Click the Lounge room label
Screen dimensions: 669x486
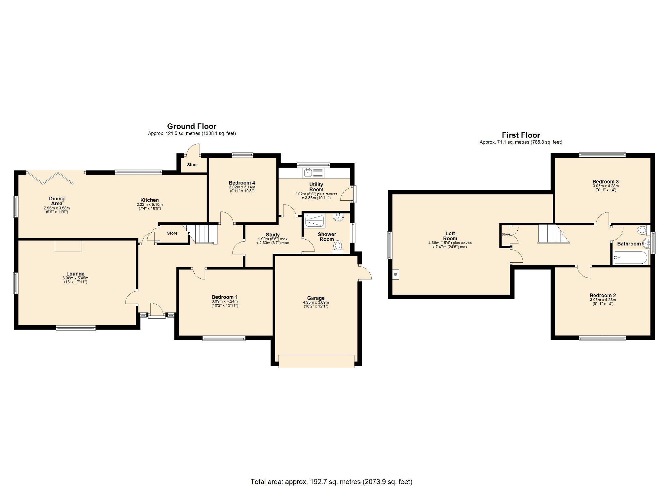(x=75, y=274)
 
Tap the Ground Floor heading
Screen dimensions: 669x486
(x=192, y=126)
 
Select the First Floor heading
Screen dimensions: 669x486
(x=521, y=135)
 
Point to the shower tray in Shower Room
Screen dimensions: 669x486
(x=315, y=221)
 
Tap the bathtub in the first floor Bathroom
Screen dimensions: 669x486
(x=631, y=258)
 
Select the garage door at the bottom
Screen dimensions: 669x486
(x=316, y=361)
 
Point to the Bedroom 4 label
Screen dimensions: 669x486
(x=242, y=183)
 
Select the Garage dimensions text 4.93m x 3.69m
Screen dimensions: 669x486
(x=316, y=302)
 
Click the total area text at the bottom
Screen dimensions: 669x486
(x=331, y=481)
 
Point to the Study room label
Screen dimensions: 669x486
(x=273, y=235)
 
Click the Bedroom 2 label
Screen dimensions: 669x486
(x=603, y=295)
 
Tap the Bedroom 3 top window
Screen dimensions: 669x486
(x=602, y=155)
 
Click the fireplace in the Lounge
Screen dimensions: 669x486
(x=68, y=246)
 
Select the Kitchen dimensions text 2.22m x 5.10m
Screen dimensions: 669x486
(x=150, y=205)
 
